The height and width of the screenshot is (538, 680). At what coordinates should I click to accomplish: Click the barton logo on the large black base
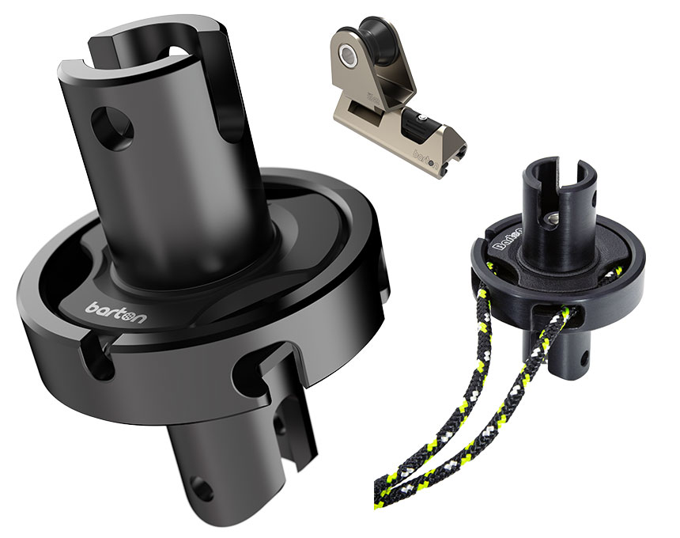pyautogui.click(x=115, y=313)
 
